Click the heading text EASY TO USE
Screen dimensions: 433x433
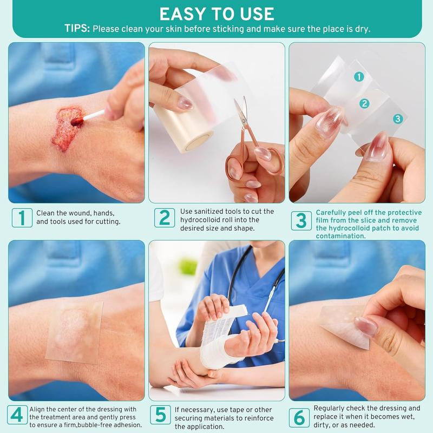point(216,13)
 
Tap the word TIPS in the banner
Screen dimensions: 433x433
point(77,29)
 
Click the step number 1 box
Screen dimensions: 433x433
point(22,218)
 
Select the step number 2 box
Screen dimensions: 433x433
point(164,218)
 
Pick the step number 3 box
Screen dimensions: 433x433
point(301,220)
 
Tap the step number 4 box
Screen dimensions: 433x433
point(18,415)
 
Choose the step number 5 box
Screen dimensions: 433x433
point(160,415)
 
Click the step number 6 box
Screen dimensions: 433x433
point(299,417)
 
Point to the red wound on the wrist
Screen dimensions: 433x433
point(66,129)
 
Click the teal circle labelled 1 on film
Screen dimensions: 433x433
point(358,77)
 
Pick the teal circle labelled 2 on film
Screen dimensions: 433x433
point(365,103)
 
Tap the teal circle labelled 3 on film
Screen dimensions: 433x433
point(398,119)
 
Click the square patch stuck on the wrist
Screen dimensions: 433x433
point(74,331)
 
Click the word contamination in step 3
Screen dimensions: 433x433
point(341,236)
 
